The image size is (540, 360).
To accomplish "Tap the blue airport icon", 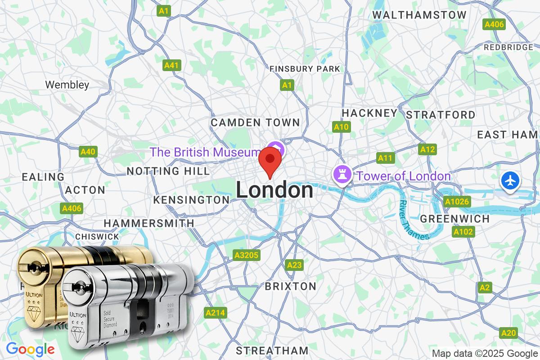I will tap(510, 181).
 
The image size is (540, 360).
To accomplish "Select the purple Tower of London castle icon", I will tap(342, 175).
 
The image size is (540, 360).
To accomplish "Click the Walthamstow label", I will tap(419, 15).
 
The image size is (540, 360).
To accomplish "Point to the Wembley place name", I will tap(67, 84).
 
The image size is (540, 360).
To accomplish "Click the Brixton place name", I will tap(290, 286).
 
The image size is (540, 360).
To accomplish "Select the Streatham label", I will tap(272, 350).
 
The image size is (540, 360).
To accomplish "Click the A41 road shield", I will tap(171, 66).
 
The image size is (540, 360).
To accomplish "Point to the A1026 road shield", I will tap(457, 202).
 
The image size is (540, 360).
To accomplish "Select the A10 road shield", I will tap(341, 127).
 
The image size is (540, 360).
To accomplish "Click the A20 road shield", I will tap(508, 333).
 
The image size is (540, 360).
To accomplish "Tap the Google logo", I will tap(31, 349).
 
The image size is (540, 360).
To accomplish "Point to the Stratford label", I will tap(440, 115).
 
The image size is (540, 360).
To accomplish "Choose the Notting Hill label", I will tap(168, 171).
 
